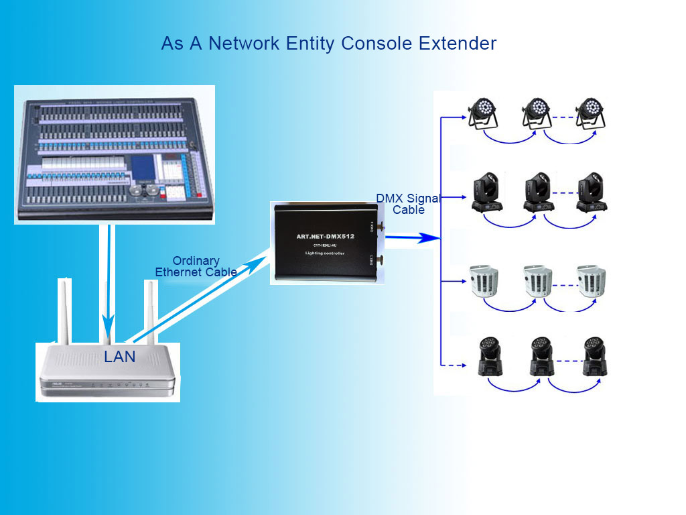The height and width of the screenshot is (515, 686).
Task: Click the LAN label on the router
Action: coord(120,357)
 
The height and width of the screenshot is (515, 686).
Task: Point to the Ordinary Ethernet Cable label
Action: coord(196,266)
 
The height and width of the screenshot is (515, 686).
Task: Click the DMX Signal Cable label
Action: coord(408,204)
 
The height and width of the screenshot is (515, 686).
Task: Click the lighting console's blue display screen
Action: coord(142,166)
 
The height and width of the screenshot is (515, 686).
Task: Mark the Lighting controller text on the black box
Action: coord(325,253)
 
